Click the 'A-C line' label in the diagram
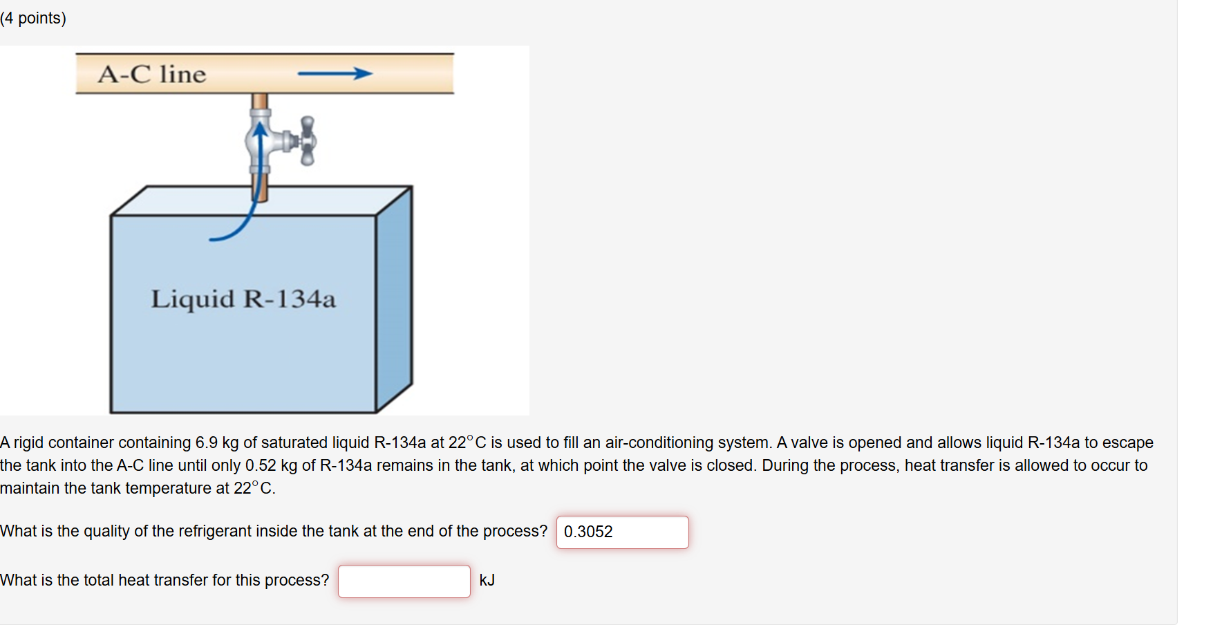coord(152,74)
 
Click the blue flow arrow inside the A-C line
coord(335,73)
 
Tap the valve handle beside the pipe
coord(308,141)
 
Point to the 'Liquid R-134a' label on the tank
coord(243,299)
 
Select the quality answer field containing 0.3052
coord(622,532)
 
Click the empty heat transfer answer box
coord(404,581)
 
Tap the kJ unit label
coord(487,580)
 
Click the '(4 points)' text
coord(33,18)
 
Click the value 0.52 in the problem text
coord(261,465)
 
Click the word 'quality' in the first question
coord(106,531)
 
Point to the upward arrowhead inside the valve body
coord(259,129)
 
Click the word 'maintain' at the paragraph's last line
coord(30,488)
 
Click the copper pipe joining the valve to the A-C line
coord(259,102)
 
